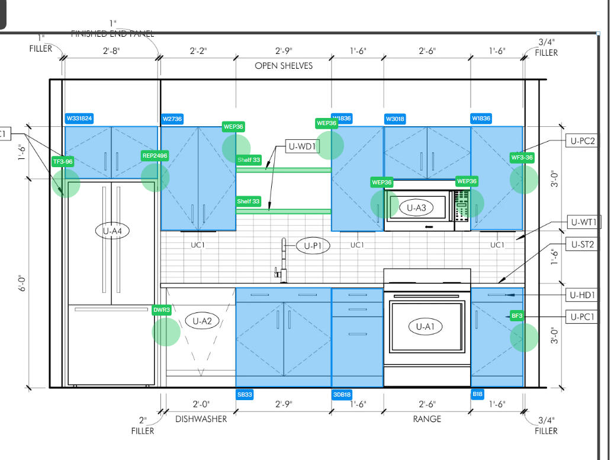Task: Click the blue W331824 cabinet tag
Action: (x=79, y=119)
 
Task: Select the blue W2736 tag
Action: (x=172, y=119)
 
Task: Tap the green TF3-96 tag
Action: (x=63, y=161)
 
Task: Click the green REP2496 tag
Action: (x=155, y=156)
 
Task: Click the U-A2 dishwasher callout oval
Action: (x=202, y=321)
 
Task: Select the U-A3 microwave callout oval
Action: (x=416, y=207)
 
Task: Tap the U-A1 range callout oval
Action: (x=426, y=326)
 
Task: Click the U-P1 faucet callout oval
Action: (x=313, y=245)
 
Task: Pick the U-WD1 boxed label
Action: (x=303, y=146)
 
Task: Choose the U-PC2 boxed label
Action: (x=582, y=140)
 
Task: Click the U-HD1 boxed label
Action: (x=582, y=295)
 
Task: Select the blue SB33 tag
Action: (x=245, y=394)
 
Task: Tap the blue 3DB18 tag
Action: (x=342, y=394)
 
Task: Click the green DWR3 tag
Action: (x=162, y=310)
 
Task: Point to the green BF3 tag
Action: (x=517, y=316)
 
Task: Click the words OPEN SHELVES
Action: (x=284, y=66)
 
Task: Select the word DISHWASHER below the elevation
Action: (x=201, y=419)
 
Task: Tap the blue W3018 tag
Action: (x=395, y=119)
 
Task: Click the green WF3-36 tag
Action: (x=522, y=158)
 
